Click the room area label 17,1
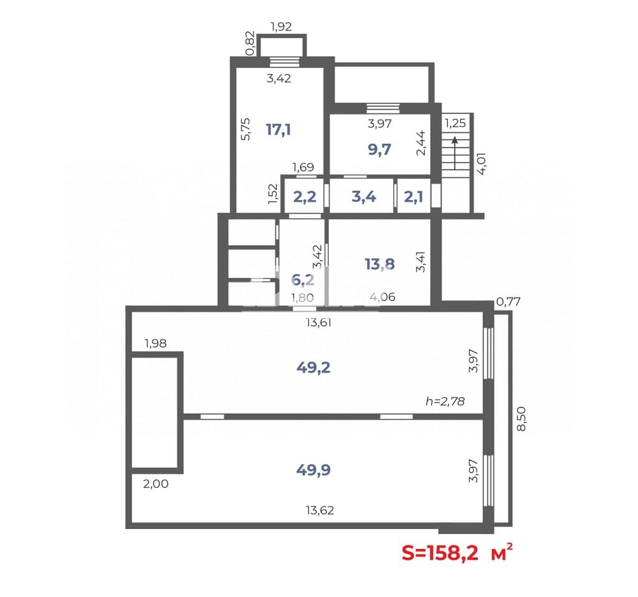279,130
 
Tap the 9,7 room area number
379,150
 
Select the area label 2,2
305,197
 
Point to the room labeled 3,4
364,197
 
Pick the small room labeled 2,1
414,197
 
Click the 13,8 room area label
379,264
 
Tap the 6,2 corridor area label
303,280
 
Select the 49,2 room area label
313,368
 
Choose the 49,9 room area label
313,470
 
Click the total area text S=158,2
440,553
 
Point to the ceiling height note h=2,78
445,401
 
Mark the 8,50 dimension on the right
521,419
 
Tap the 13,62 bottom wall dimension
320,510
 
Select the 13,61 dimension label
318,323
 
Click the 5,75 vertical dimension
245,129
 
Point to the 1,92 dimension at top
281,27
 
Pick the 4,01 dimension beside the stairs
482,164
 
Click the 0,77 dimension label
508,302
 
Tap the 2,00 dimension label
156,484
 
